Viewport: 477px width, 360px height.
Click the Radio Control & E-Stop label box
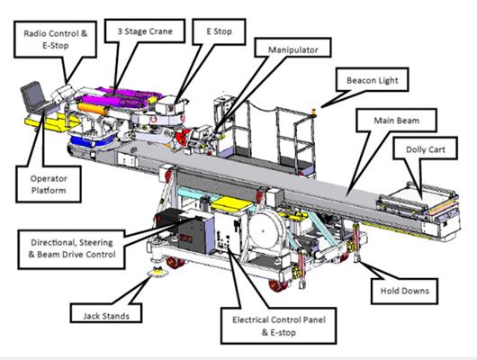pyautogui.click(x=56, y=40)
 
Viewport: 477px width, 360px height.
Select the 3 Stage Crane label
pyautogui.click(x=145, y=31)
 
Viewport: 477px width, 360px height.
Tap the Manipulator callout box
pyautogui.click(x=292, y=48)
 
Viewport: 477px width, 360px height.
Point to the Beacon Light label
pyautogui.click(x=373, y=80)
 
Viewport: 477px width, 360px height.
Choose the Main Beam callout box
pyautogui.click(x=396, y=121)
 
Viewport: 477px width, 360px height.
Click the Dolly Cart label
pyautogui.click(x=426, y=148)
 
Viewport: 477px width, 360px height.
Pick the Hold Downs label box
pyautogui.click(x=405, y=291)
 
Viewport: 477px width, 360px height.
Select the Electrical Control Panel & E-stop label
pyautogui.click(x=279, y=326)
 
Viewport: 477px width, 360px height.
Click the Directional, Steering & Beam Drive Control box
pyautogui.click(x=72, y=249)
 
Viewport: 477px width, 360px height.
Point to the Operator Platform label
pyautogui.click(x=49, y=184)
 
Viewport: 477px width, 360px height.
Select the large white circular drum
pyautogui.click(x=264, y=230)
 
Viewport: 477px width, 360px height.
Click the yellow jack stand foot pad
pyautogui.click(x=157, y=273)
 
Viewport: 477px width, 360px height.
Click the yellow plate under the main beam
pyautogui.click(x=231, y=203)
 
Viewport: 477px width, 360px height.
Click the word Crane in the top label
pyautogui.click(x=161, y=31)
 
